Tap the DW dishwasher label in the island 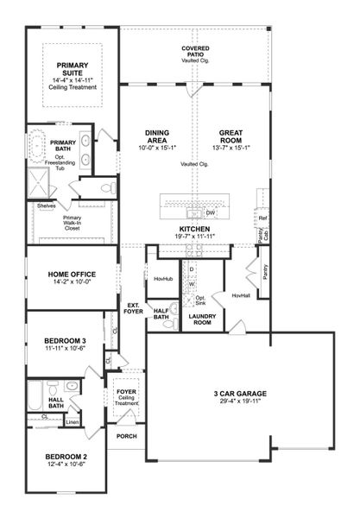(x=210, y=212)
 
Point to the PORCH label (x=127, y=437)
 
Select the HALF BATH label (x=160, y=314)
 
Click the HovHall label (x=241, y=295)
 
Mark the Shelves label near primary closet (x=46, y=205)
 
